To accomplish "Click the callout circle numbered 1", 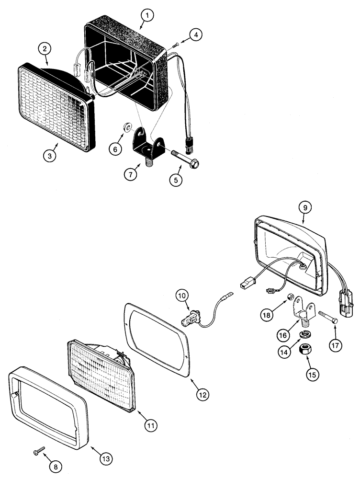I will pyautogui.click(x=148, y=16).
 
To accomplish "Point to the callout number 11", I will pyautogui.click(x=153, y=424).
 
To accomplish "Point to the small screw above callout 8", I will pyautogui.click(x=38, y=451).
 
